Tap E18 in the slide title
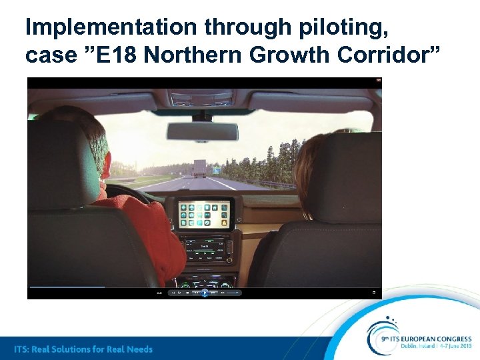(120, 55)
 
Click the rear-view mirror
(202, 131)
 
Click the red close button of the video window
(379, 81)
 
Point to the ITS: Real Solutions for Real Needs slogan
(84, 349)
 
